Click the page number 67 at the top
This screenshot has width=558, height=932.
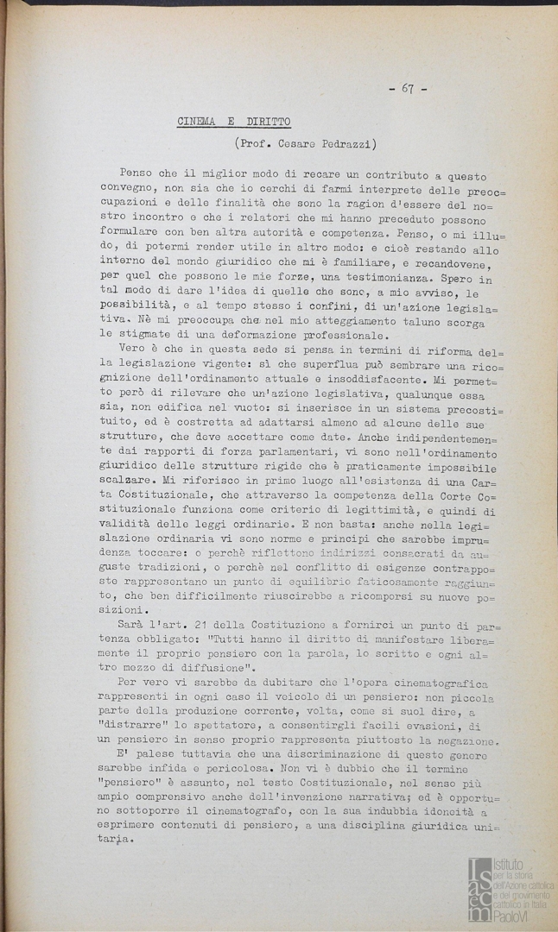[x=409, y=89]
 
